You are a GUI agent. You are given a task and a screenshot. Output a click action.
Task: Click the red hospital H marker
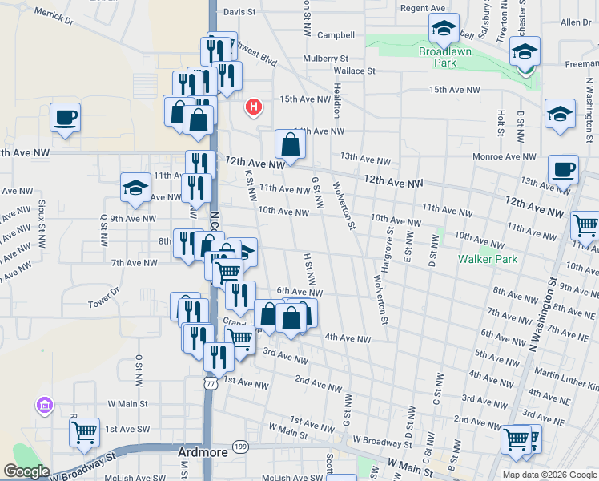[255, 106]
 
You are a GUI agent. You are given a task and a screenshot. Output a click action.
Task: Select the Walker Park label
[488, 259]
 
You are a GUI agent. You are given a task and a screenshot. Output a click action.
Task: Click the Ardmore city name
[202, 452]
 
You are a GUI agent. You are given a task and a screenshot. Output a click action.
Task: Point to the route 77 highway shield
[210, 385]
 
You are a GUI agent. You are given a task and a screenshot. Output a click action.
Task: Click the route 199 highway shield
[239, 444]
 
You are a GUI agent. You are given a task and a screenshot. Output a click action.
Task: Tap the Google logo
[26, 471]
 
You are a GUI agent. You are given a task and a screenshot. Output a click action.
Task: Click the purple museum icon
[44, 407]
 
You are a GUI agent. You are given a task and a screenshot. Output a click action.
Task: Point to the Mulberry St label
[326, 59]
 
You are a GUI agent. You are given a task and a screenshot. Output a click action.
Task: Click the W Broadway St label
[373, 442]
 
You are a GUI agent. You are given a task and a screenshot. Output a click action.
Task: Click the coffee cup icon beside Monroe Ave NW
[563, 170]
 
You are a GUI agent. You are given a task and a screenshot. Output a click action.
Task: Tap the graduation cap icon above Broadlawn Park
[444, 29]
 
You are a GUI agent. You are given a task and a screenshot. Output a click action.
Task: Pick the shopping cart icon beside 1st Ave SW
[84, 433]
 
